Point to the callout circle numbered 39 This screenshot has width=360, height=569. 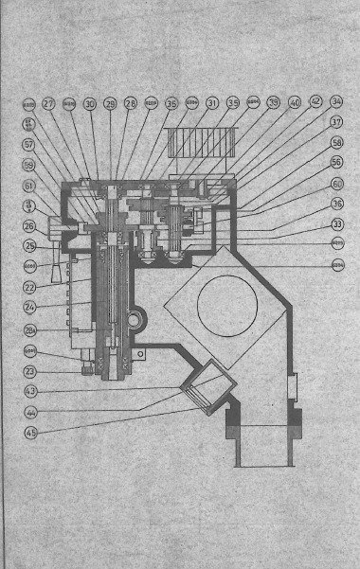coord(273,102)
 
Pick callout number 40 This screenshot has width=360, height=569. coord(294,102)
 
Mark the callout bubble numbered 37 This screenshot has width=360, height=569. coord(337,122)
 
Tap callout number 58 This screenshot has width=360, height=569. coord(337,142)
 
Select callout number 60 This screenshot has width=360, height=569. coord(337,184)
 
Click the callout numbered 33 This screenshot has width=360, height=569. coord(337,223)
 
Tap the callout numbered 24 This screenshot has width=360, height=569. coord(29,308)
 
